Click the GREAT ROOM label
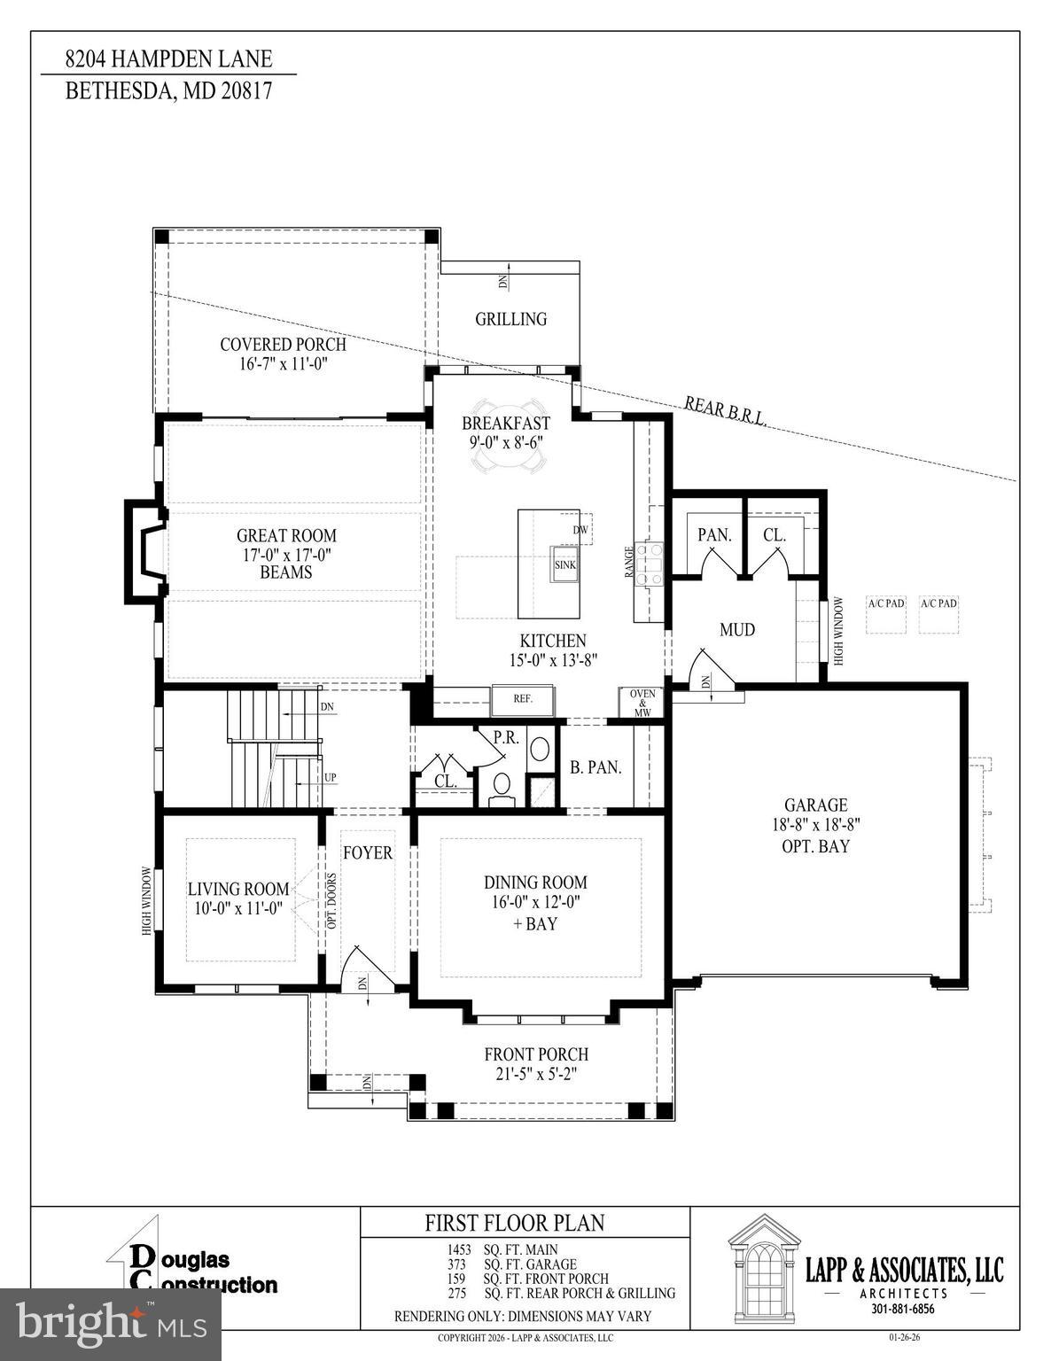point(286,536)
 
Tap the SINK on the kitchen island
point(565,564)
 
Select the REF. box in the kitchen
point(523,699)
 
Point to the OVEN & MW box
point(642,703)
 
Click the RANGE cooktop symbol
point(653,564)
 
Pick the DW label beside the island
point(580,530)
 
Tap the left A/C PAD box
point(886,613)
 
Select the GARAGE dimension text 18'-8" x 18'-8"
point(815,825)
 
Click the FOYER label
point(368,852)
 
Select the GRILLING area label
point(510,319)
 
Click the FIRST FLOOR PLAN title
point(515,1224)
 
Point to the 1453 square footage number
point(458,1250)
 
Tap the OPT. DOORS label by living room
point(332,900)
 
